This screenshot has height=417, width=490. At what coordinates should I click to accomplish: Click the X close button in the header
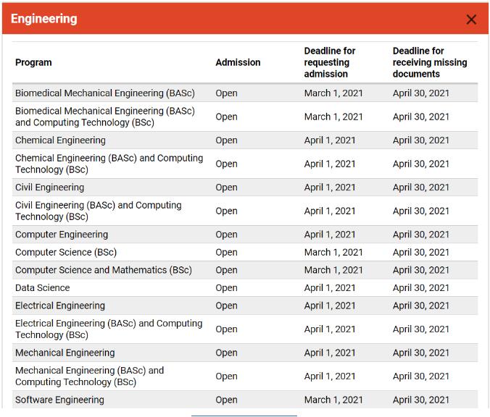click(471, 20)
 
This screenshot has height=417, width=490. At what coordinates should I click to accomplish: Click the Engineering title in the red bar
click(44, 19)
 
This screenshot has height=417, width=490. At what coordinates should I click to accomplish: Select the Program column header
click(33, 62)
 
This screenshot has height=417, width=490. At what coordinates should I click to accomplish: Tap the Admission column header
click(238, 62)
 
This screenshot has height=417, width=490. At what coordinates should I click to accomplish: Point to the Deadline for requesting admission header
click(330, 62)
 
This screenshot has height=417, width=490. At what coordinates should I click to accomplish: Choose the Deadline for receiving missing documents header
click(430, 62)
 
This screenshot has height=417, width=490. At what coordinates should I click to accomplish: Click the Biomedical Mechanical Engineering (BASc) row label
click(105, 93)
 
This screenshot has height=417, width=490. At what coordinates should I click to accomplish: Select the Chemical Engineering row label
click(60, 140)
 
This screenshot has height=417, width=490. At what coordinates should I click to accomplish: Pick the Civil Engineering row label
click(49, 188)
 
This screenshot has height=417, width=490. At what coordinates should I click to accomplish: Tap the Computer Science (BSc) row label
click(66, 253)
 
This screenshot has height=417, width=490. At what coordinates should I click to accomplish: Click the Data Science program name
click(43, 288)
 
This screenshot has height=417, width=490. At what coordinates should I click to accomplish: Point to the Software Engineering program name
click(59, 400)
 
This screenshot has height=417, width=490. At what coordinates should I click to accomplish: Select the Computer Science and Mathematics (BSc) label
click(104, 270)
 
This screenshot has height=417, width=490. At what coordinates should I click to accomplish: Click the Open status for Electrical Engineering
click(226, 306)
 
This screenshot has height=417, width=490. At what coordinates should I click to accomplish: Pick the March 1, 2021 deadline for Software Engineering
click(333, 400)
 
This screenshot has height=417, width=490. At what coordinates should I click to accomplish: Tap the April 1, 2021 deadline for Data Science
click(330, 288)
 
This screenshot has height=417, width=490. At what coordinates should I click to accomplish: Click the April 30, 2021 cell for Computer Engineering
click(421, 235)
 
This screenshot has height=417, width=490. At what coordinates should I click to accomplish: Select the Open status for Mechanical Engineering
click(226, 353)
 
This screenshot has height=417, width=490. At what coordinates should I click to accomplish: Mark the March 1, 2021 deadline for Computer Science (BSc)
click(333, 253)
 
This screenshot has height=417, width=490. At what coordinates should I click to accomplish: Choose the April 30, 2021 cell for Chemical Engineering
click(421, 140)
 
